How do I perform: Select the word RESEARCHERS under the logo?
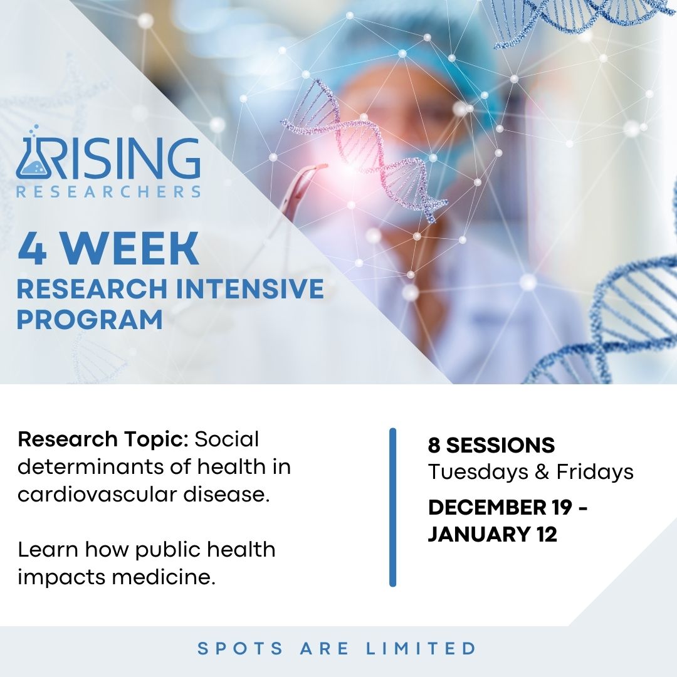[108, 191]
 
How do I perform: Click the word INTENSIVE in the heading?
[251, 288]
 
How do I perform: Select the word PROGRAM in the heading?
[90, 320]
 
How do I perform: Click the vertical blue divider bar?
[392, 507]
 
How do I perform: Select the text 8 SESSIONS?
[491, 445]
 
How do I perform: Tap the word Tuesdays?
[478, 472]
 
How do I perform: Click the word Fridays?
[594, 472]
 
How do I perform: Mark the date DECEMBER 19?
[500, 507]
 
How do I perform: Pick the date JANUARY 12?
[493, 535]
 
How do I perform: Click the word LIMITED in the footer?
[421, 648]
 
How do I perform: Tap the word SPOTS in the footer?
[240, 648]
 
